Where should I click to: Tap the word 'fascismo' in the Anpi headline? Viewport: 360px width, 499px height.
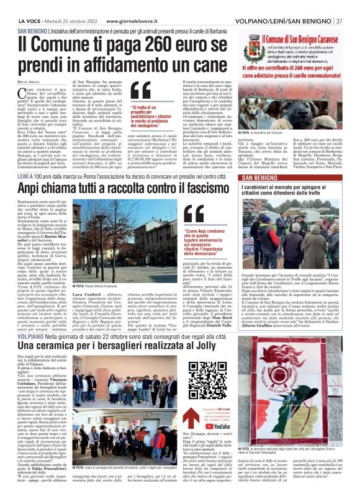tap(204, 187)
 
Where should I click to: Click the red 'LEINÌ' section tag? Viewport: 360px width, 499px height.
tap(24, 177)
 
